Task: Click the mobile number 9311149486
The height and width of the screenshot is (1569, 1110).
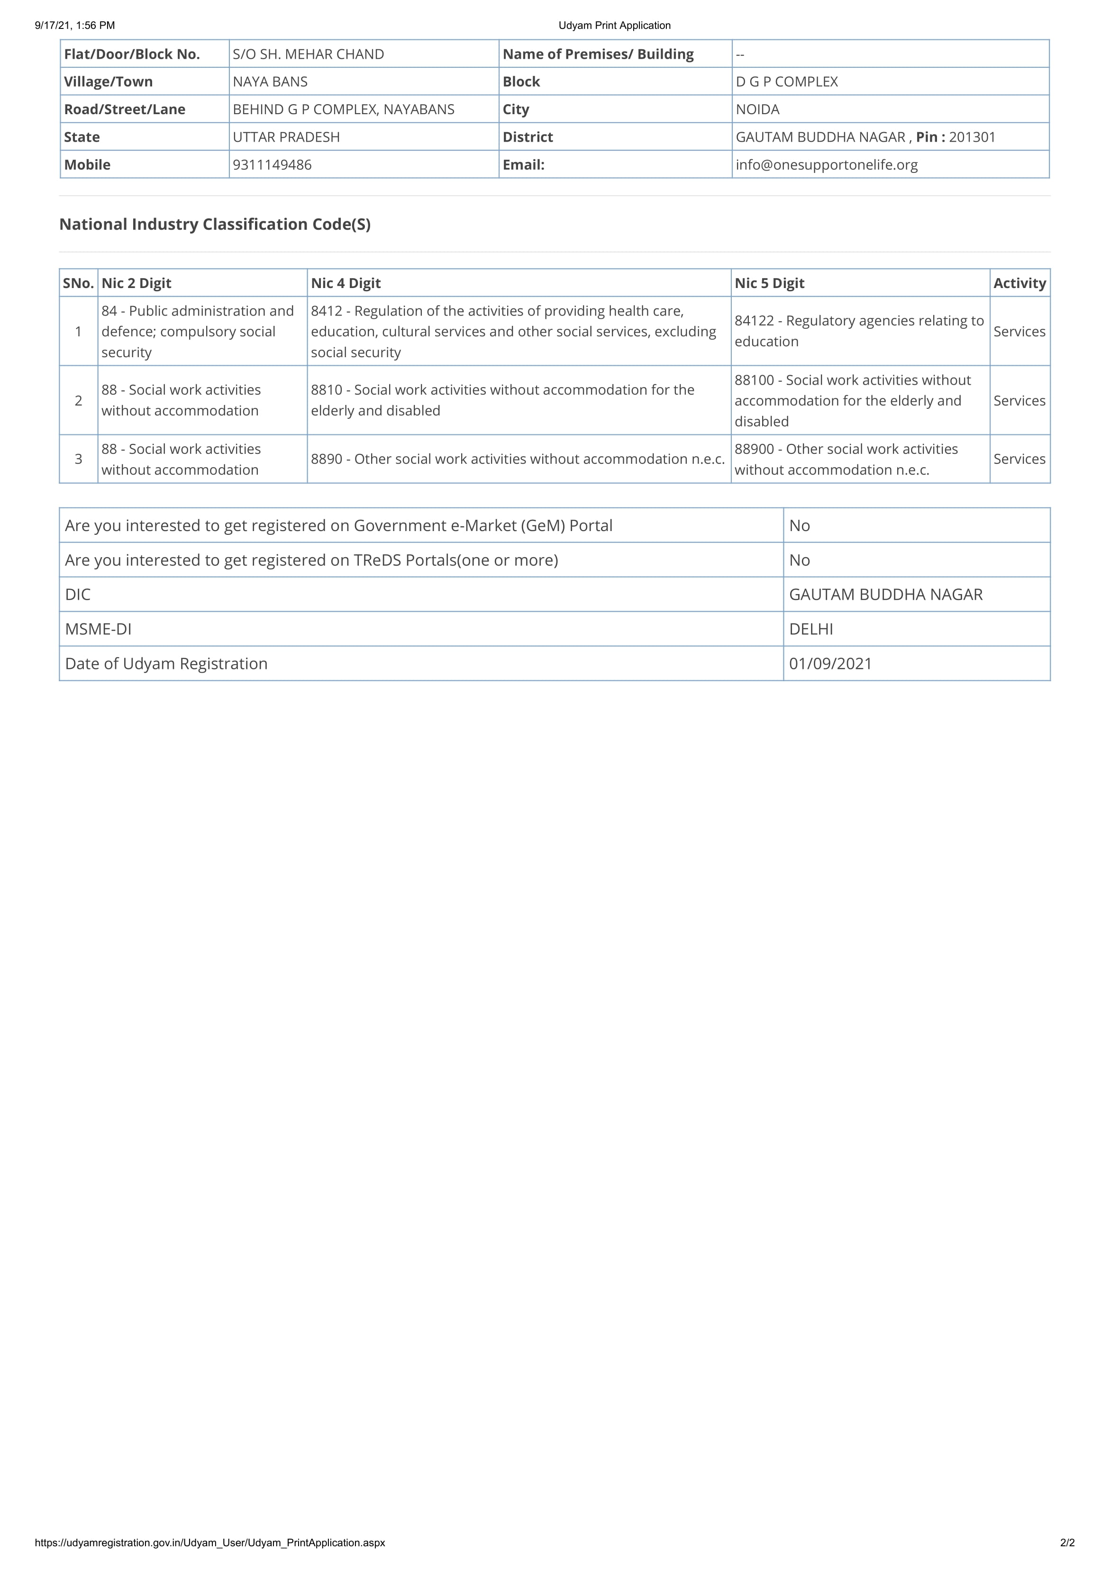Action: coord(272,165)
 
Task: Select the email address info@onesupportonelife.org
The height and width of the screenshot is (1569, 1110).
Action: coord(827,165)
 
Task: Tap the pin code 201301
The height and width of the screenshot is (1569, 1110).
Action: coord(972,137)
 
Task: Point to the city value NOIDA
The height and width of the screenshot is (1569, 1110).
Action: coord(757,109)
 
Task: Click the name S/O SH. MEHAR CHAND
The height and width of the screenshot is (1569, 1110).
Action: coord(308,54)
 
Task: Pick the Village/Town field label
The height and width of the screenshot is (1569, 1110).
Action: coord(108,81)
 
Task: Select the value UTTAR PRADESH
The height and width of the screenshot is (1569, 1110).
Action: coord(286,137)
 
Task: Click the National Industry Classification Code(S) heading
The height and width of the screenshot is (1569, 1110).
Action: coord(215,224)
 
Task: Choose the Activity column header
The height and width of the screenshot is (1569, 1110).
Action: coord(1019,283)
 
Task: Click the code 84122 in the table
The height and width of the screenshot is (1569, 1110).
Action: coord(754,321)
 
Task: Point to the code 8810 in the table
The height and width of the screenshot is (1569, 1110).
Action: coord(326,389)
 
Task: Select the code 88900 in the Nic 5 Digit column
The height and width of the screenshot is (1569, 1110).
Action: coord(754,449)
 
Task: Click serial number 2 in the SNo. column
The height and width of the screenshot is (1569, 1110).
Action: coord(79,400)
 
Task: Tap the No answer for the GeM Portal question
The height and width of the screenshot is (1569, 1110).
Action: coord(799,525)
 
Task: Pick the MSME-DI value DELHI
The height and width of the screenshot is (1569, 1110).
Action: coord(810,629)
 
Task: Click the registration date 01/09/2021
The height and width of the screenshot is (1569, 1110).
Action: coord(830,664)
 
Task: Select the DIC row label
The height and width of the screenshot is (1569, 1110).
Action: coord(77,595)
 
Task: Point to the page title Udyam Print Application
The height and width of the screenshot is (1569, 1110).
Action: coord(614,25)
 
